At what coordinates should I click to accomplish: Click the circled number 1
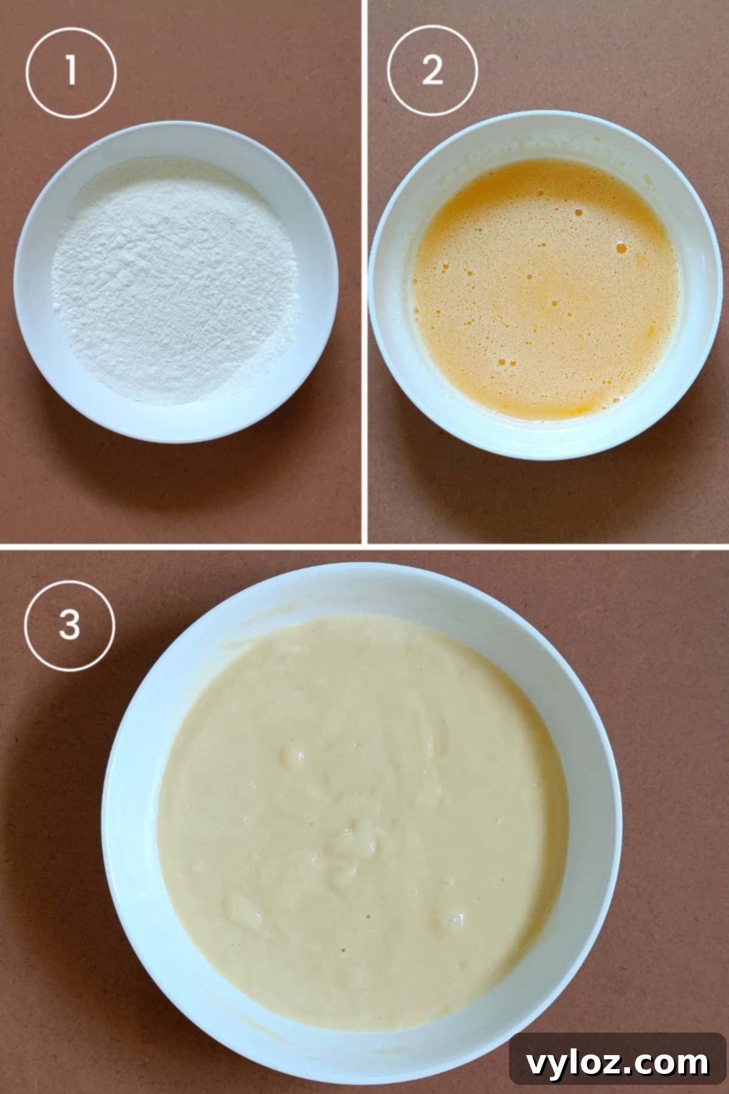point(71,71)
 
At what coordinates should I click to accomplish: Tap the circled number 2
point(433,71)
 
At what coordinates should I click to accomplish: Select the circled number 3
point(69,625)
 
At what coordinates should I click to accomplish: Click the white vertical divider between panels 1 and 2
point(364,273)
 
